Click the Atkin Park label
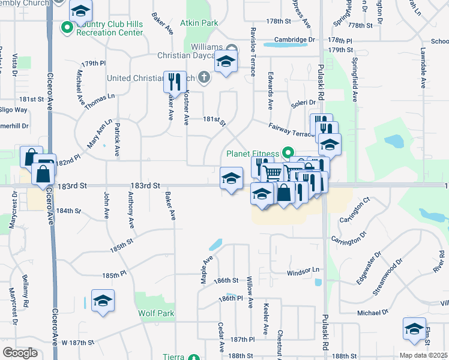(202, 23)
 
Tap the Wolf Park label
(156, 313)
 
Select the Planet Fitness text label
(253, 154)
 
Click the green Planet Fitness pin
(288, 154)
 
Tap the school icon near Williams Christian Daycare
(226, 63)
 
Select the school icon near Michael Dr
(414, 328)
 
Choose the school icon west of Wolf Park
(103, 301)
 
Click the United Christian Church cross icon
(204, 77)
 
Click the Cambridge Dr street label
(295, 40)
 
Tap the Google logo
(20, 353)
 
